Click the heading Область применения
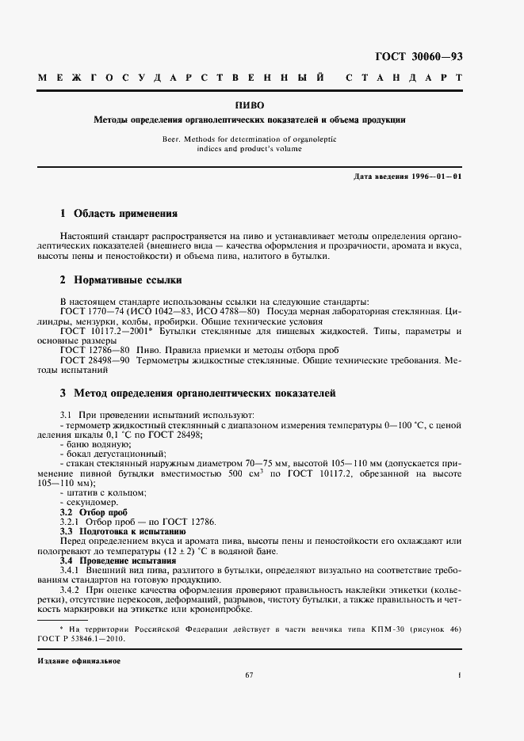(124, 214)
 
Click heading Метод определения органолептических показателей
(205, 393)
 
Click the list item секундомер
(92, 503)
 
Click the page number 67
(249, 675)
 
